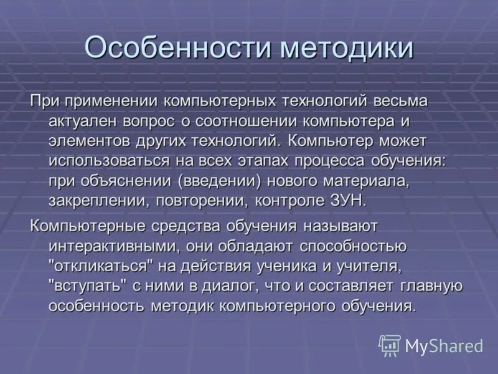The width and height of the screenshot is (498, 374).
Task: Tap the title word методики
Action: click(x=346, y=48)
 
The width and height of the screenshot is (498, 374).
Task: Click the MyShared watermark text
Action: click(x=444, y=346)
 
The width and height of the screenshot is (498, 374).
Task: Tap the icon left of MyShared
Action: click(x=390, y=345)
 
